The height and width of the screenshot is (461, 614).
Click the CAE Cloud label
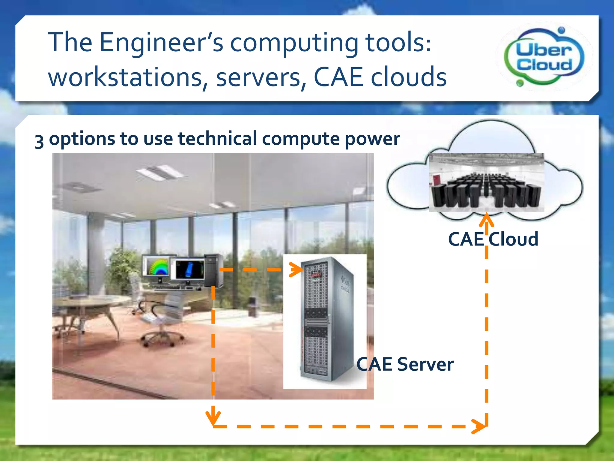(x=493, y=239)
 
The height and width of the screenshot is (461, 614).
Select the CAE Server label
(x=405, y=364)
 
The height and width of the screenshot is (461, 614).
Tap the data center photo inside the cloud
(x=486, y=182)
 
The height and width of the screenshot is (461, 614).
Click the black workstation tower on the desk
(x=213, y=270)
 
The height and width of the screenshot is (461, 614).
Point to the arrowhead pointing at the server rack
(x=297, y=270)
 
